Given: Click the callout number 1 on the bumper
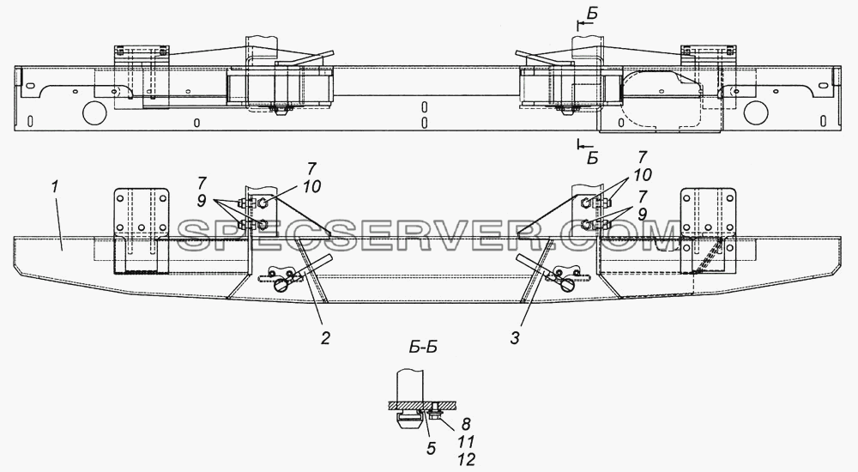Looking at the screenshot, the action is [x=55, y=187].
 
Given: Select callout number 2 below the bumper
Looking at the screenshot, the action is [x=325, y=339].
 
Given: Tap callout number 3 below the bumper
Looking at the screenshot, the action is [x=514, y=339].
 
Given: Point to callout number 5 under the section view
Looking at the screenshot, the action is [x=432, y=449].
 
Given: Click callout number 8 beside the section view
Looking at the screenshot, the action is [x=466, y=424].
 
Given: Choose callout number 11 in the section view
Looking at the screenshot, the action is [x=466, y=441].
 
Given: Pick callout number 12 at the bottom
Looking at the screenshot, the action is [x=466, y=459].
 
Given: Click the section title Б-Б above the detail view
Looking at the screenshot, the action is [x=423, y=348].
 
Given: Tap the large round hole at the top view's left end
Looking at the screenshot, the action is [x=94, y=112].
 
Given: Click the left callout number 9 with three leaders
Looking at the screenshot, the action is [x=202, y=202].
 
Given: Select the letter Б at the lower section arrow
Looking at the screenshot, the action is [x=591, y=160].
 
